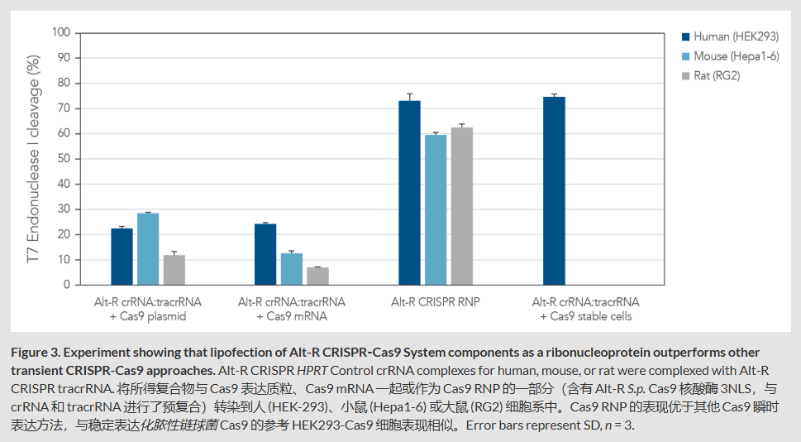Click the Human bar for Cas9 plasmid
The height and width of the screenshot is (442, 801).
[x=122, y=257]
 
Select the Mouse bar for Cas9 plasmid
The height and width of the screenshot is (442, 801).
[x=148, y=249]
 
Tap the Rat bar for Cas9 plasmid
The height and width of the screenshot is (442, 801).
[x=174, y=270]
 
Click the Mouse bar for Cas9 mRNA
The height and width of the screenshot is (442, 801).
[x=292, y=269]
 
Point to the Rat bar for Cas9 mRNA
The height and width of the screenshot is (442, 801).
[x=317, y=276]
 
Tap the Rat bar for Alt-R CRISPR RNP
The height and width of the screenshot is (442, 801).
[x=462, y=206]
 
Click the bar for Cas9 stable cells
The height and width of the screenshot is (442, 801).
[x=554, y=191]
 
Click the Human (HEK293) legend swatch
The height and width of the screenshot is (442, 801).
[x=685, y=36]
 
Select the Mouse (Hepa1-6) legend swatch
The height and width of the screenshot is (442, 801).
[x=685, y=56]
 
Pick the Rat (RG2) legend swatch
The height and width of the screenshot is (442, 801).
[x=685, y=76]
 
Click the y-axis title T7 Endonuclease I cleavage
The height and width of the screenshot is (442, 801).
[x=33, y=159]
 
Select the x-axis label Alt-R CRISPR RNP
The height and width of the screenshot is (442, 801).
[x=436, y=302]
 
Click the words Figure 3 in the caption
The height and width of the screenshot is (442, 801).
[x=36, y=353]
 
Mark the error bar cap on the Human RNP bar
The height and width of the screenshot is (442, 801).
[x=409, y=94]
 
